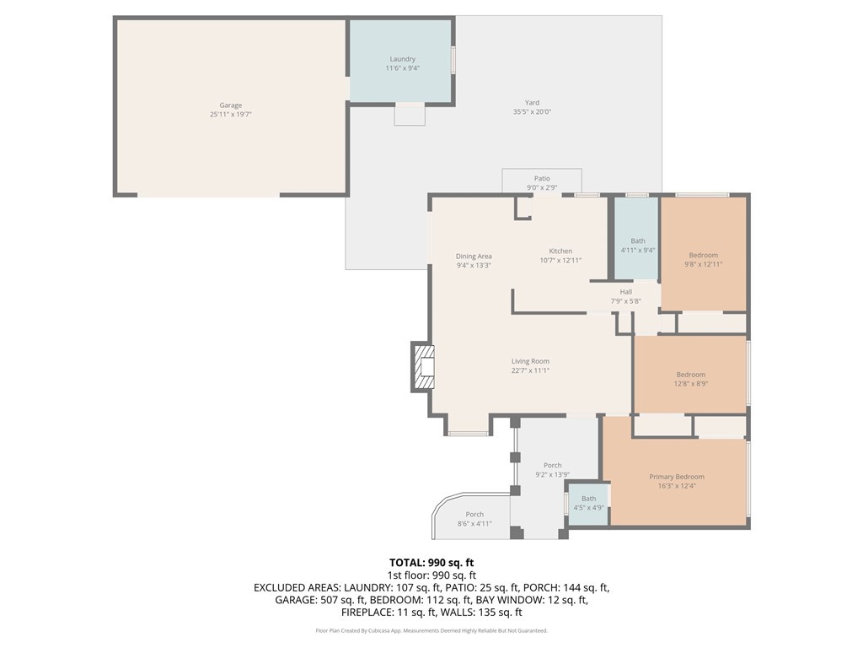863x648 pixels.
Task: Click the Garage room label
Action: tap(230, 105)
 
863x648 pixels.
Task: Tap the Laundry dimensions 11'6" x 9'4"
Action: tap(402, 68)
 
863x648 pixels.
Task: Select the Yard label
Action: tap(532, 103)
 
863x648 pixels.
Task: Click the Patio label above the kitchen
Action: tap(542, 178)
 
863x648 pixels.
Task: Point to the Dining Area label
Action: tap(474, 256)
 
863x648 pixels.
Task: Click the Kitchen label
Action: tap(560, 251)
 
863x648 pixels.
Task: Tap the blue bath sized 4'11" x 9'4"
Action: tap(637, 246)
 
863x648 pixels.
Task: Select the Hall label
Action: tap(625, 292)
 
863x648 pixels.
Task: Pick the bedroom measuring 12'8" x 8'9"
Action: tap(690, 379)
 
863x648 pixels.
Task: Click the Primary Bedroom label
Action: tap(677, 477)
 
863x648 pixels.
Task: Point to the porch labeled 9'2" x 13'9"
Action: tap(552, 470)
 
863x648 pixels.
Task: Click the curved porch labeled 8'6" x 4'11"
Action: tap(474, 519)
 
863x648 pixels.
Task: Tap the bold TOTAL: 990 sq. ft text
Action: tap(431, 562)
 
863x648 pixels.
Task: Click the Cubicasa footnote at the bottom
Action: tap(431, 630)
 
